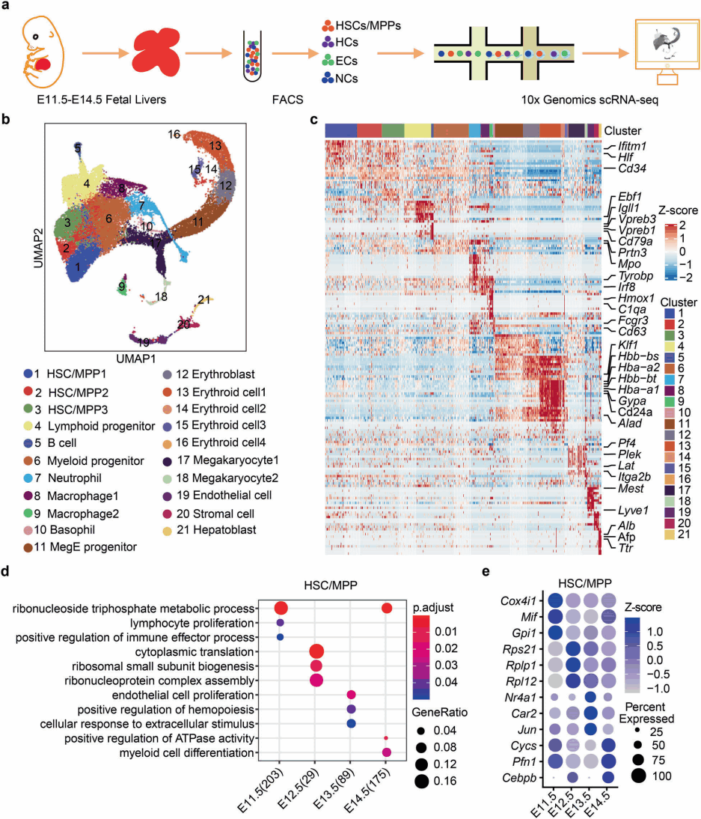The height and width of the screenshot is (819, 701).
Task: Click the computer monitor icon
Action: pyautogui.click(x=655, y=52)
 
